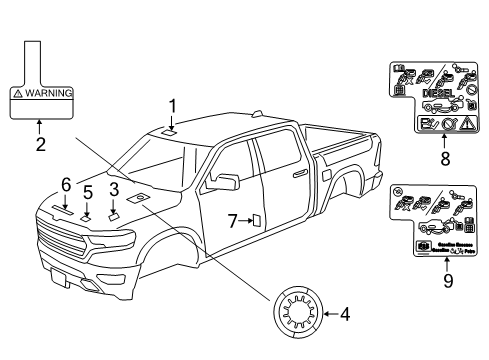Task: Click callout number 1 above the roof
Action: [172, 104]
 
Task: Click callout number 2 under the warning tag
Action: [40, 145]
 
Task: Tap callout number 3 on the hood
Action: [114, 188]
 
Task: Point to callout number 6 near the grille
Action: [65, 184]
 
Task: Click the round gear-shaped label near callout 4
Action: [295, 316]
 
